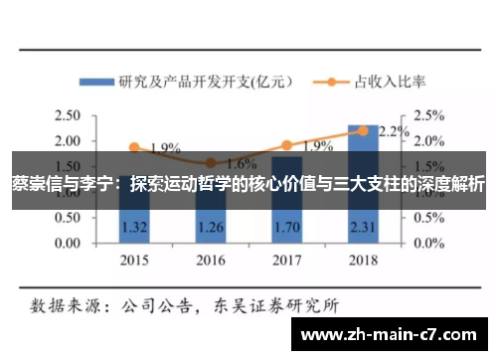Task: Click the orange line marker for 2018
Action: (364, 130)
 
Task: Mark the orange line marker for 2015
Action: (133, 147)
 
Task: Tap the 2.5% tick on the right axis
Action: (430, 115)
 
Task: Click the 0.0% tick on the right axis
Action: (430, 243)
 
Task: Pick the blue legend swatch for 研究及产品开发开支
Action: (97, 82)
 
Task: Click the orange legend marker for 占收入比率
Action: (325, 82)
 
